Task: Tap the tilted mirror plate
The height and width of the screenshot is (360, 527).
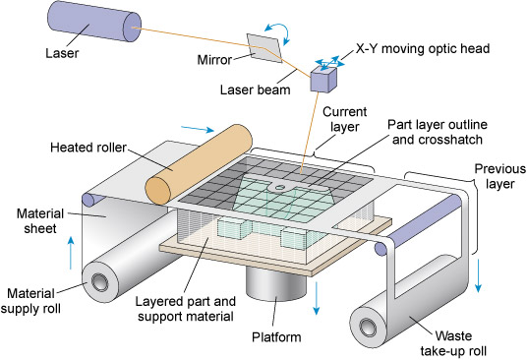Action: point(264,45)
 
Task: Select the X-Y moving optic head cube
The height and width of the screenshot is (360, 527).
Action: point(323,80)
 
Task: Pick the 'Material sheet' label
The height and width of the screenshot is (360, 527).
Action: point(38,221)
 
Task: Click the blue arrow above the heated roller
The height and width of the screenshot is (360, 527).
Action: point(221,127)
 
